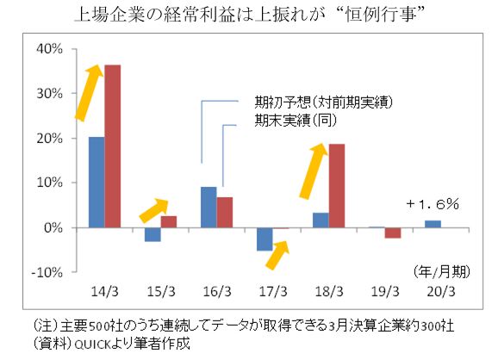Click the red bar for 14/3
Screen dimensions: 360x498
112,146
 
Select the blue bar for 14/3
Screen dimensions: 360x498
96,183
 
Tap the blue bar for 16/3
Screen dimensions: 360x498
209,208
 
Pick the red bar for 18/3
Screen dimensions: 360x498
336,186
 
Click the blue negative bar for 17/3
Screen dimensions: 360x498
265,239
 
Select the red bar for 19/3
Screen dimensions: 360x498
392,233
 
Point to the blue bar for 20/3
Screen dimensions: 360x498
432,224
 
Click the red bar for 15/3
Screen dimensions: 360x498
168,221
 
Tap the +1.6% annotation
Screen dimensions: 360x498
433,204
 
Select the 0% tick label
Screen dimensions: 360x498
54,228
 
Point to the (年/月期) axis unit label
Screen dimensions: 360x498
442,270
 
